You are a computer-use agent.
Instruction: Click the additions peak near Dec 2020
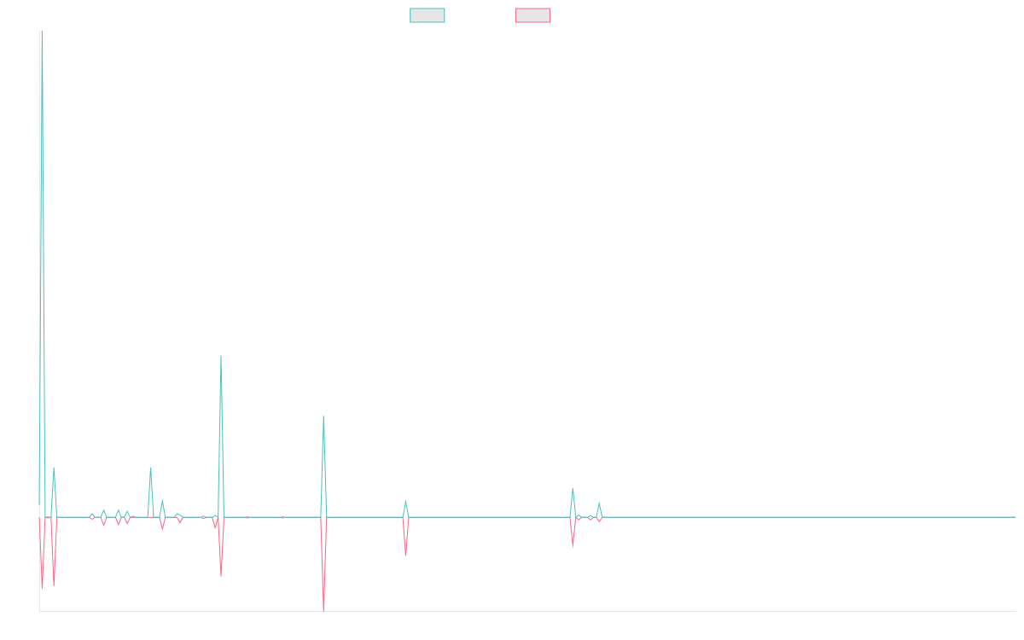coord(221,356)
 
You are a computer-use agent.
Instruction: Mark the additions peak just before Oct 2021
coord(323,416)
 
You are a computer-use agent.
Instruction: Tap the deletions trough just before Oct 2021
coord(324,609)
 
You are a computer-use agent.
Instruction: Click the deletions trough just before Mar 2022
coord(405,556)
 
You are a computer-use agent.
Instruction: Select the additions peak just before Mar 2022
coord(405,501)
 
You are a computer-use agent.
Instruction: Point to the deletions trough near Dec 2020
coord(221,575)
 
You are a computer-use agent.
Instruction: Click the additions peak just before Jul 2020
coord(151,467)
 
